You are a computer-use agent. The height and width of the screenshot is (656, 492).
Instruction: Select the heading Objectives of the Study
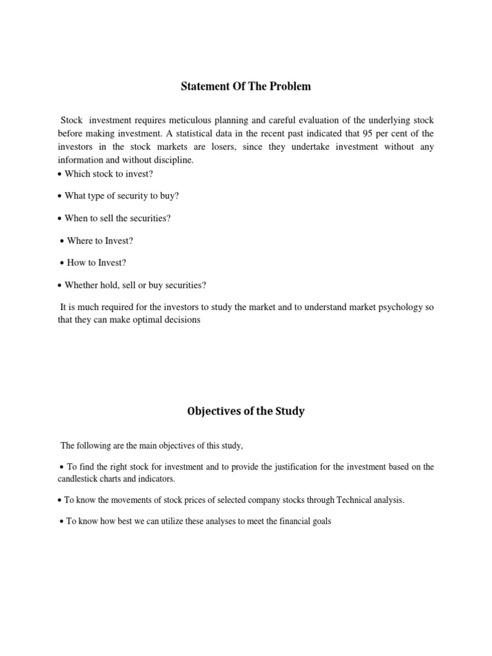point(245,411)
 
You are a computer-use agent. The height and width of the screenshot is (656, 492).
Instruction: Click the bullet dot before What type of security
point(60,197)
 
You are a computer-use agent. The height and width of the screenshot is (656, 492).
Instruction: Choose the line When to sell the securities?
point(118,218)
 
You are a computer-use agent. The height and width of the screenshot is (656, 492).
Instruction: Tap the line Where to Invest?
point(100,241)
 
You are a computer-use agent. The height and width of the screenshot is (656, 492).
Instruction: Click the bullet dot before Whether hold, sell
point(60,285)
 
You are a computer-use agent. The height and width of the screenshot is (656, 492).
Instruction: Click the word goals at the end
point(320,521)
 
